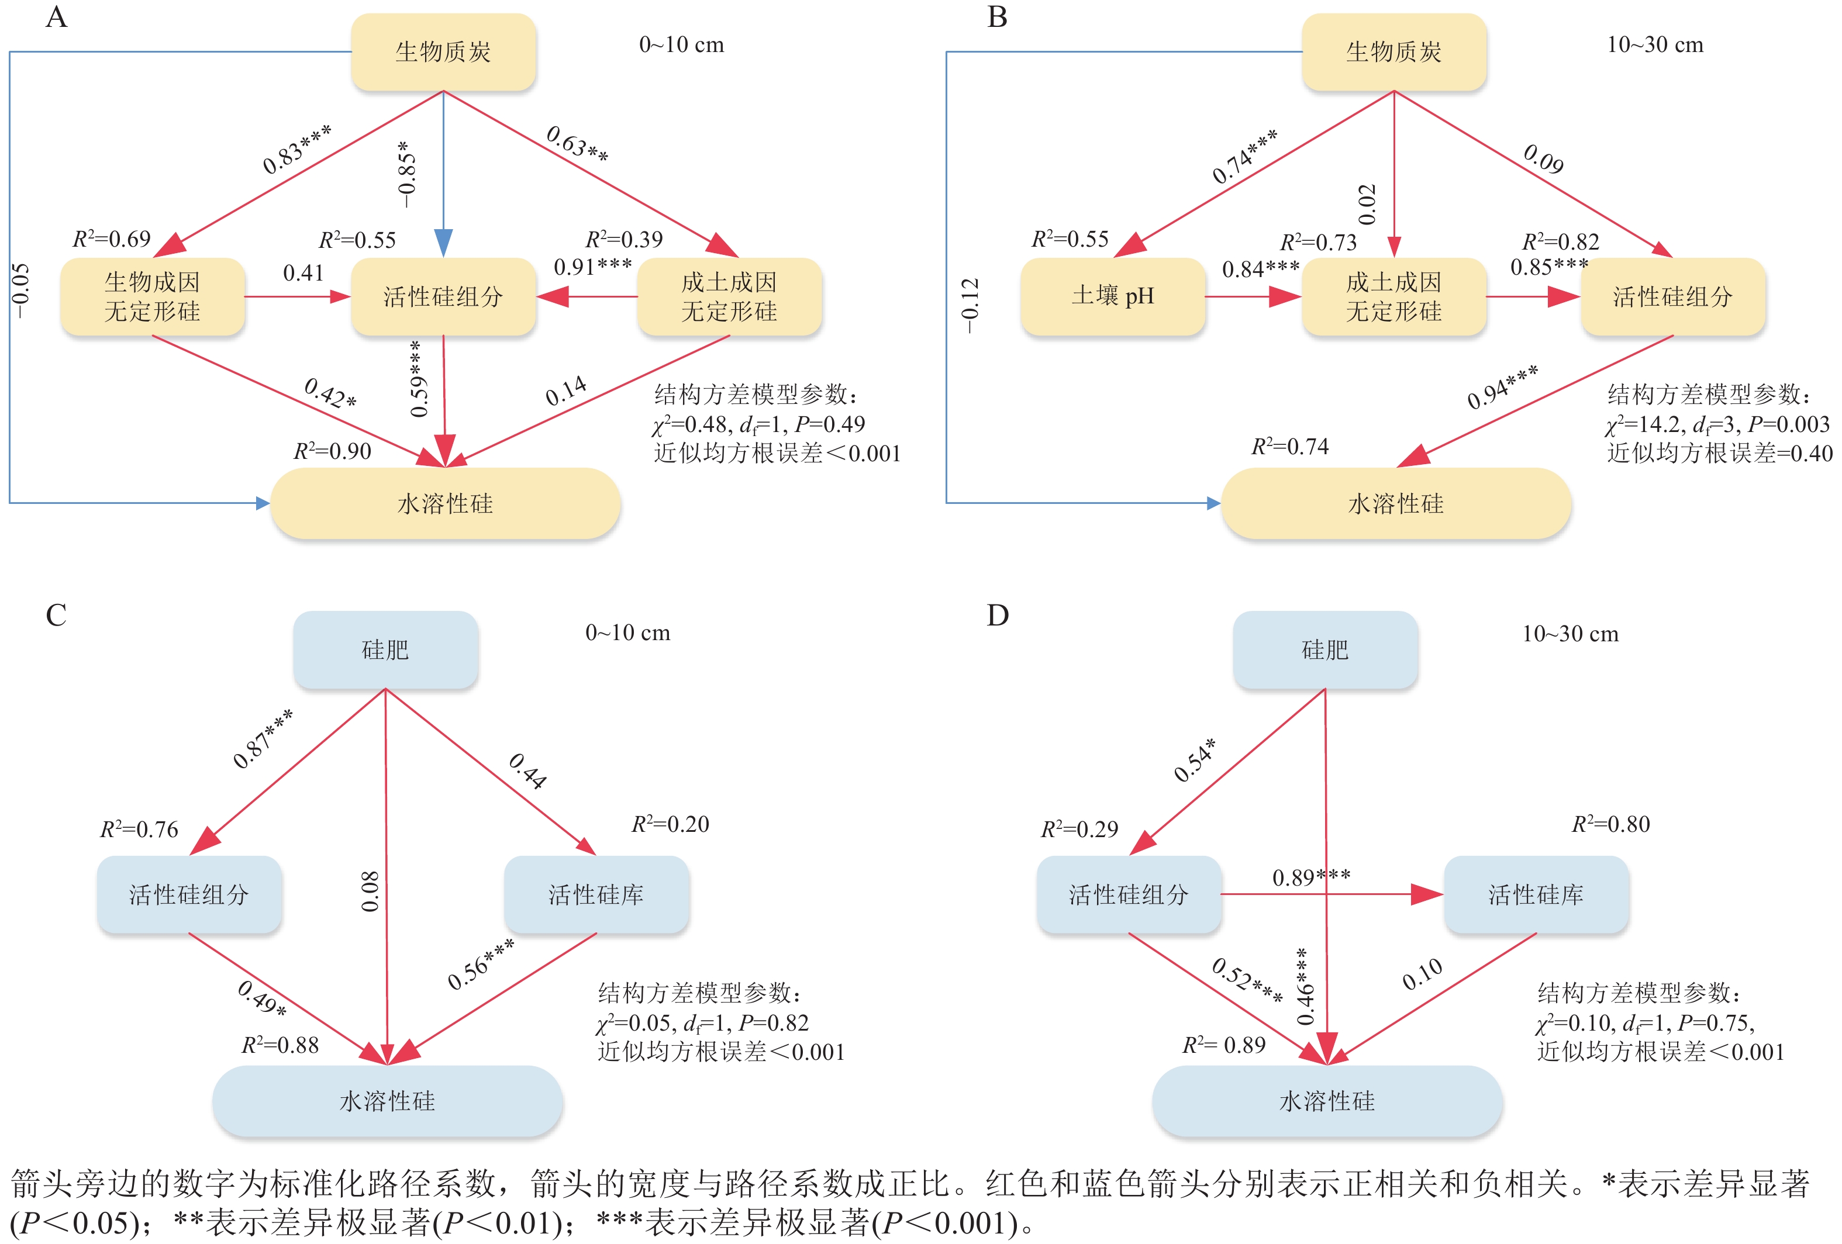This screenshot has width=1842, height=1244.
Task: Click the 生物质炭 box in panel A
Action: coord(443,52)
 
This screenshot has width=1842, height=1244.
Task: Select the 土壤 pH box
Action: coord(1113,296)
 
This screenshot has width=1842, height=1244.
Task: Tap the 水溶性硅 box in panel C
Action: coord(388,1101)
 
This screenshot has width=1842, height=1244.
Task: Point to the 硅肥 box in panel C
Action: coord(385,649)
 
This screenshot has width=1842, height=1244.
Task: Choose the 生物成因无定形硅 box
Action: coord(152,296)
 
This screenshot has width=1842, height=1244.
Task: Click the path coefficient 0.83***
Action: coord(296,150)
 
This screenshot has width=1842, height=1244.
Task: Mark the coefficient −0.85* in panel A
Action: coord(406,174)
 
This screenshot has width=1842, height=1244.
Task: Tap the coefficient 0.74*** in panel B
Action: coord(1244,157)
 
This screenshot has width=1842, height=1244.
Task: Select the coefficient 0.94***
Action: coord(1502,386)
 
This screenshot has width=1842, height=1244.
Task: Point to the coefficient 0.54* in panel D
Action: coord(1195,760)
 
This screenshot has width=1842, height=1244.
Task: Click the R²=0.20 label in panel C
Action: coord(670,824)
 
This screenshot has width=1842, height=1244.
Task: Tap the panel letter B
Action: coord(997,18)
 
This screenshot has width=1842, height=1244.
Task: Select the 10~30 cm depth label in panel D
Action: coord(1570,634)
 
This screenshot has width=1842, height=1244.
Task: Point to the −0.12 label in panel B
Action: coord(970,306)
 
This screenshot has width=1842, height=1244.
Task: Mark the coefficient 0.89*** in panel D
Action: coord(1311,877)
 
